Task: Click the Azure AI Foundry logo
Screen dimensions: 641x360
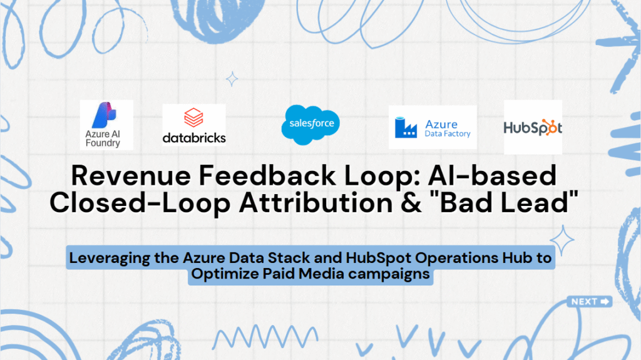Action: click(x=106, y=125)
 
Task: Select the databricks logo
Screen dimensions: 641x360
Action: click(x=194, y=125)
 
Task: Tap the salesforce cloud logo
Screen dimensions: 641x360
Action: click(x=310, y=125)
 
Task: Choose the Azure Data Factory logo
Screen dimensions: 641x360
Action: click(x=433, y=127)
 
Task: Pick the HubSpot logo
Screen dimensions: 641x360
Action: click(x=533, y=127)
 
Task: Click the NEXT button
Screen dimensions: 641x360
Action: click(x=589, y=302)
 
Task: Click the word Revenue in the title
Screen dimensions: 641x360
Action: click(x=131, y=175)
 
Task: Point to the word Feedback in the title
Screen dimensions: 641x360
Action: click(x=267, y=175)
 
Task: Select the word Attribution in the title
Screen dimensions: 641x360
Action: click(x=316, y=203)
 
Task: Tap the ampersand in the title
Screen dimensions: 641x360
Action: click(x=411, y=203)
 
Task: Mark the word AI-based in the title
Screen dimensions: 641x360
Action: click(x=492, y=175)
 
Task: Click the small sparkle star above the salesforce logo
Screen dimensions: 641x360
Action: click(x=232, y=79)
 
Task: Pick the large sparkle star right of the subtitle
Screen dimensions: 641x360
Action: click(x=562, y=240)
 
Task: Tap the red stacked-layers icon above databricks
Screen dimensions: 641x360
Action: click(x=193, y=118)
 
